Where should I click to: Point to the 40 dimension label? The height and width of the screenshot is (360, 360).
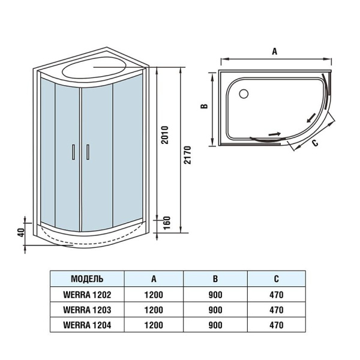pyautogui.click(x=20, y=232)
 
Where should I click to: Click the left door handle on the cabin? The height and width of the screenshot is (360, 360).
pyautogui.click(x=73, y=152)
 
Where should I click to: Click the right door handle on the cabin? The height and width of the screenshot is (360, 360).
pyautogui.click(x=88, y=152)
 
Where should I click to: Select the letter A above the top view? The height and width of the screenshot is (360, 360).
pyautogui.click(x=275, y=52)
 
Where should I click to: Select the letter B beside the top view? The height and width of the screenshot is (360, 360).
pyautogui.click(x=204, y=107)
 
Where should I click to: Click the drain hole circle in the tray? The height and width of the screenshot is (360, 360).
pyautogui.click(x=244, y=94)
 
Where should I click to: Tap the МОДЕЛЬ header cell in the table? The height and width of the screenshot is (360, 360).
pyautogui.click(x=87, y=279)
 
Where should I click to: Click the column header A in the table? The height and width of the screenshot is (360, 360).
pyautogui.click(x=154, y=279)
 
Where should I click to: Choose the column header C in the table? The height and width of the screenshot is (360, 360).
pyautogui.click(x=277, y=279)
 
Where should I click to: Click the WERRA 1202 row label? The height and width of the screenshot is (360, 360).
pyautogui.click(x=87, y=295)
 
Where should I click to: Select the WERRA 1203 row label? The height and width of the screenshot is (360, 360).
pyautogui.click(x=87, y=310)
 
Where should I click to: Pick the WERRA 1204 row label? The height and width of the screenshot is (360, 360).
pyautogui.click(x=87, y=326)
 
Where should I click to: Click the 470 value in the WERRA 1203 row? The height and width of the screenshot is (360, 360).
pyautogui.click(x=277, y=310)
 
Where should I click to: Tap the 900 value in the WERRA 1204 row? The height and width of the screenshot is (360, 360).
pyautogui.click(x=216, y=326)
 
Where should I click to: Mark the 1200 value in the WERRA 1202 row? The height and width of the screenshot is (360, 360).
pyautogui.click(x=154, y=295)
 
